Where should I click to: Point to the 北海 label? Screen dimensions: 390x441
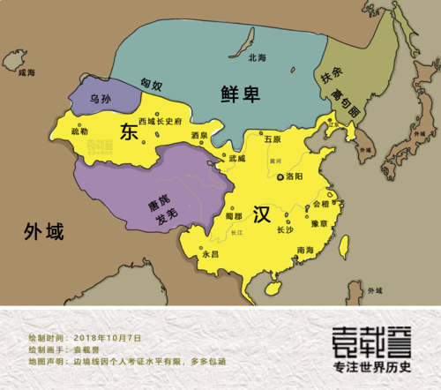(258, 58)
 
